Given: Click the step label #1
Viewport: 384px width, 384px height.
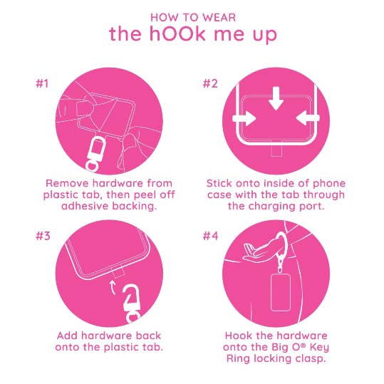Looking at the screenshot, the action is click(x=42, y=84).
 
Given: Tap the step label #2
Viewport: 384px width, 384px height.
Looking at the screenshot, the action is click(x=210, y=84).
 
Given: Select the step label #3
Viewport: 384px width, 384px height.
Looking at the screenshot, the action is click(x=43, y=236).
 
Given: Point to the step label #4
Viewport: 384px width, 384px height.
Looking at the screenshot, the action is click(x=210, y=236).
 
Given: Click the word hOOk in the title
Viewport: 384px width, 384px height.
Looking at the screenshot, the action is click(x=177, y=33).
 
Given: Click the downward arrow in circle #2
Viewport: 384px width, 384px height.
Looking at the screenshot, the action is click(x=276, y=98).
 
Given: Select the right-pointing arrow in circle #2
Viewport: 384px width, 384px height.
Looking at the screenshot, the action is click(x=244, y=118).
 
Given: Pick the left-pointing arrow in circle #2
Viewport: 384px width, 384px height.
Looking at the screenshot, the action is click(x=308, y=118).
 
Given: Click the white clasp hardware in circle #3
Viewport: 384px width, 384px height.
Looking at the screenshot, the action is click(x=132, y=303).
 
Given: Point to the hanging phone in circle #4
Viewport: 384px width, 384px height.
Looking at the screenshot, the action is click(x=281, y=292).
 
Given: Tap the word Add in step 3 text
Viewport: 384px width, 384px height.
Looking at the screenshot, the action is click(x=68, y=336).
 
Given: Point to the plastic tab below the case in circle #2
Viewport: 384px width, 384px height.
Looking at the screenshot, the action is click(x=276, y=149).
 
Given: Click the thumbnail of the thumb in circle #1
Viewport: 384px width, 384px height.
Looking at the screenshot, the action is click(x=83, y=108).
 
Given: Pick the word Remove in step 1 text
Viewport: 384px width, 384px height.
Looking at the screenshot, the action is click(x=68, y=183).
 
